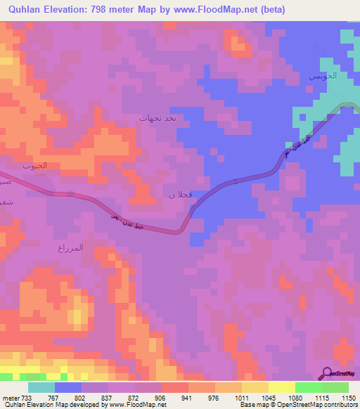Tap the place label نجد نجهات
tap(162, 118)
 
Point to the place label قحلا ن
tap(176, 193)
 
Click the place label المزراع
tap(70, 248)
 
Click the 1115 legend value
tap(321, 397)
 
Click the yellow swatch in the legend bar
tap(281, 387)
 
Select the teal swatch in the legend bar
tap(41, 387)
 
